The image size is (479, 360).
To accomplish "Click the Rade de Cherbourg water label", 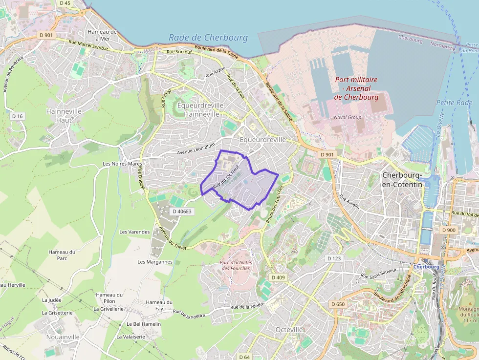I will pyautogui.click(x=208, y=38).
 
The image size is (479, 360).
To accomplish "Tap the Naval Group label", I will pyautogui.click(x=348, y=117).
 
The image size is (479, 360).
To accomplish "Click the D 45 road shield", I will pyautogui.click(x=65, y=3).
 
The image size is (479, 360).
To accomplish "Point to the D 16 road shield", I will pyautogui.click(x=18, y=116).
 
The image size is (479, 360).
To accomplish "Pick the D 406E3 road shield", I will pyautogui.click(x=182, y=212).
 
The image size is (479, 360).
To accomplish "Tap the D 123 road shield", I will pyautogui.click(x=334, y=258).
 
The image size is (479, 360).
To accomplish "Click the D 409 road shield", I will pyautogui.click(x=277, y=278).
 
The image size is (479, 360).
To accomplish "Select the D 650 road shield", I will pyautogui.click(x=338, y=304).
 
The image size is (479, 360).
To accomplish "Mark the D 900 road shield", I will pyautogui.click(x=448, y=230).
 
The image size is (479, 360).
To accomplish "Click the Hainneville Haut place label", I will pyautogui.click(x=64, y=115).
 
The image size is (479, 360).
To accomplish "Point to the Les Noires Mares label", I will pyautogui.click(x=122, y=164).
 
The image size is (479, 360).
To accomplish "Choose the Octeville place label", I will pyautogui.click(x=289, y=330).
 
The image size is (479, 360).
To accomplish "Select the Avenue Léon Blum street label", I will pyautogui.click(x=196, y=146).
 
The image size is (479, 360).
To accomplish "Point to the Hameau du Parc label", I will pyautogui.click(x=62, y=255).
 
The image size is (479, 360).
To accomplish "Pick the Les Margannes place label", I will pyautogui.click(x=155, y=262).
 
